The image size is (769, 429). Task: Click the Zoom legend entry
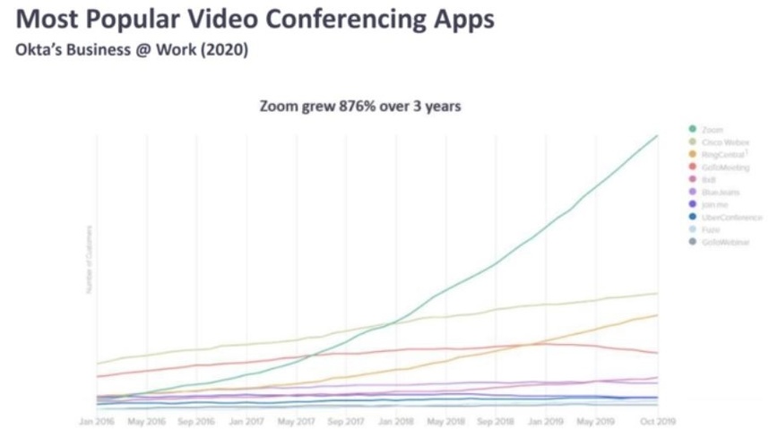713,130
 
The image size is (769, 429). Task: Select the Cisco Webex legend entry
725,142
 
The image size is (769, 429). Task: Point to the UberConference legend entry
731,217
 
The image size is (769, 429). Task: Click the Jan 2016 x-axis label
97,420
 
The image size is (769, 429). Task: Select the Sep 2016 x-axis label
196,420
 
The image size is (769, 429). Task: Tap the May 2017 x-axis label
297,420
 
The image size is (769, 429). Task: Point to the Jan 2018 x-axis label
395,420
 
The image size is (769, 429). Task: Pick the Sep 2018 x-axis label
496,420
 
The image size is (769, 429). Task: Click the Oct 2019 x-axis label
658,420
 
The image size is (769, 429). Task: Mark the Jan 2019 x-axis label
545,420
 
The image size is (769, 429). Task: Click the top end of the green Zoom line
657,136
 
